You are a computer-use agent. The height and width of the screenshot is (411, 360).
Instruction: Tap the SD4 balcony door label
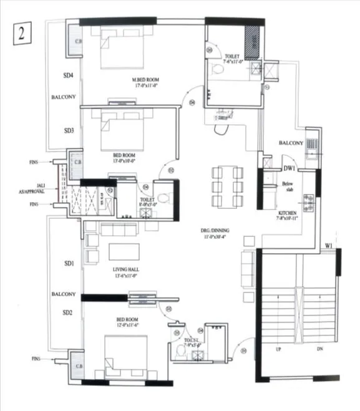[x=69, y=75]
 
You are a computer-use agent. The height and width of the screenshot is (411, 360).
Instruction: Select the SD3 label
[x=69, y=131]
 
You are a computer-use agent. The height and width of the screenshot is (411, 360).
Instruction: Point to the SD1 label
[x=69, y=264]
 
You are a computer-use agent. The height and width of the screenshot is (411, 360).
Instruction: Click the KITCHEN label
[x=288, y=213]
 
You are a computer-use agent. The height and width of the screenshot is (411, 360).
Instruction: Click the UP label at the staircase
[x=278, y=349]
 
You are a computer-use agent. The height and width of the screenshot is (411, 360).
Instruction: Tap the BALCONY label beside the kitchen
[x=291, y=143]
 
